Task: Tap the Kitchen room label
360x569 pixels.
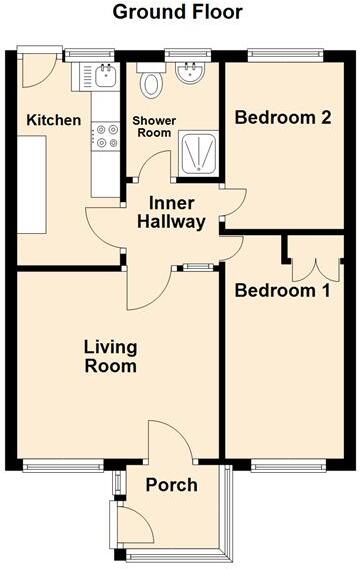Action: click(54, 120)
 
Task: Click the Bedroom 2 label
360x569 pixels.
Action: click(282, 117)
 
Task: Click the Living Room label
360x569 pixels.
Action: click(110, 356)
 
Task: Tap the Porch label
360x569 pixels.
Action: click(171, 485)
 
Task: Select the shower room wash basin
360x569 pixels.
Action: click(188, 72)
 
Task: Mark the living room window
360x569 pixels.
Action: click(63, 463)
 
